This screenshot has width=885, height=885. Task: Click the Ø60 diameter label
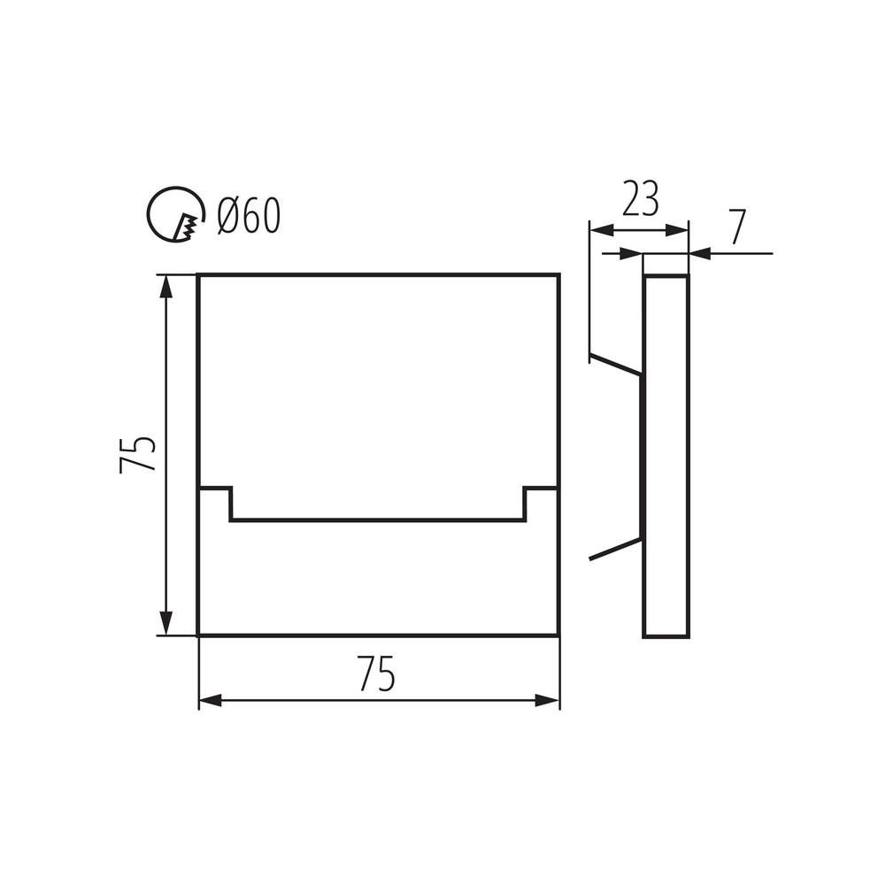249,216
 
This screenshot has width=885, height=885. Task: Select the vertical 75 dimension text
137,454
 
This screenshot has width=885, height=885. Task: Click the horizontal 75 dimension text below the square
376,673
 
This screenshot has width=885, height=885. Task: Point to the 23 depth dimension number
640,198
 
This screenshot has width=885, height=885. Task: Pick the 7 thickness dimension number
739,227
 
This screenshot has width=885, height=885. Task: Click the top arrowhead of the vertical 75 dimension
165,287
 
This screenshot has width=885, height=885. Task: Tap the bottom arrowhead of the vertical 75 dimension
165,623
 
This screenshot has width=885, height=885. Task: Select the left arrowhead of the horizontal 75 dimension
211,701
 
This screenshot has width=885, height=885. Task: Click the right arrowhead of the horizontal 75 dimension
547,701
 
